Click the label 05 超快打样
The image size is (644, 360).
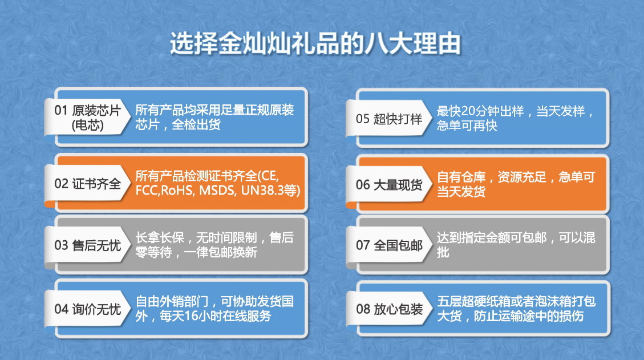click(x=390, y=119)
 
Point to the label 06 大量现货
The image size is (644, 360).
click(x=390, y=184)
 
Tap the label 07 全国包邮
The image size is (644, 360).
click(x=390, y=245)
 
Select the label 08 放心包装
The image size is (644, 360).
click(x=390, y=309)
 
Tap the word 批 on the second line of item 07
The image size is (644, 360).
click(x=443, y=252)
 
